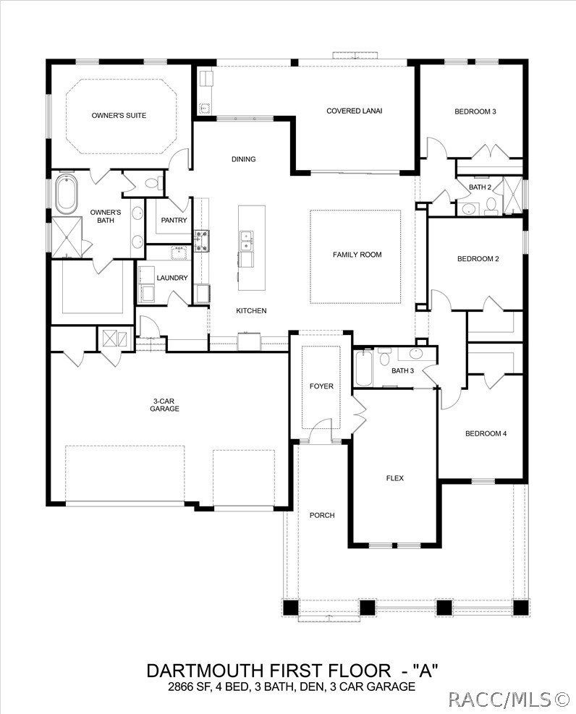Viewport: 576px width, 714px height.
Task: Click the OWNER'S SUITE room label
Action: click(x=119, y=115)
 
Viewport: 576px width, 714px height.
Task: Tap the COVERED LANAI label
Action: click(x=354, y=111)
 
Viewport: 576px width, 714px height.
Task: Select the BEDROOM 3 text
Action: click(x=475, y=111)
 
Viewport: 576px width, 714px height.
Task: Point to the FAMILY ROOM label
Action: click(x=357, y=255)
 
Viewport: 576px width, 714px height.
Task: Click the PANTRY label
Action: click(x=174, y=221)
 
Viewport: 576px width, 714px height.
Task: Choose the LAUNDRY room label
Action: click(x=172, y=278)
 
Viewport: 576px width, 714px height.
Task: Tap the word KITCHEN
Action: click(x=251, y=310)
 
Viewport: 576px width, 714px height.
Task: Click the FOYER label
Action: click(x=321, y=386)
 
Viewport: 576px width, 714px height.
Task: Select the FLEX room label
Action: click(x=394, y=478)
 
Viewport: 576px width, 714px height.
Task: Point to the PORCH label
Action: click(x=321, y=515)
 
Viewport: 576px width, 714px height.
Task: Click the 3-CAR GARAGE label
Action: click(x=165, y=404)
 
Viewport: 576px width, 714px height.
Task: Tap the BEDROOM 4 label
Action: click(x=486, y=433)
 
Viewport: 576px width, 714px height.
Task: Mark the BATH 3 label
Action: click(x=402, y=371)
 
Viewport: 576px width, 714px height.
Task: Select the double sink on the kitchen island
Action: click(x=247, y=239)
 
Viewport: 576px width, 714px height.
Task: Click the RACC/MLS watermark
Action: click(x=509, y=699)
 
